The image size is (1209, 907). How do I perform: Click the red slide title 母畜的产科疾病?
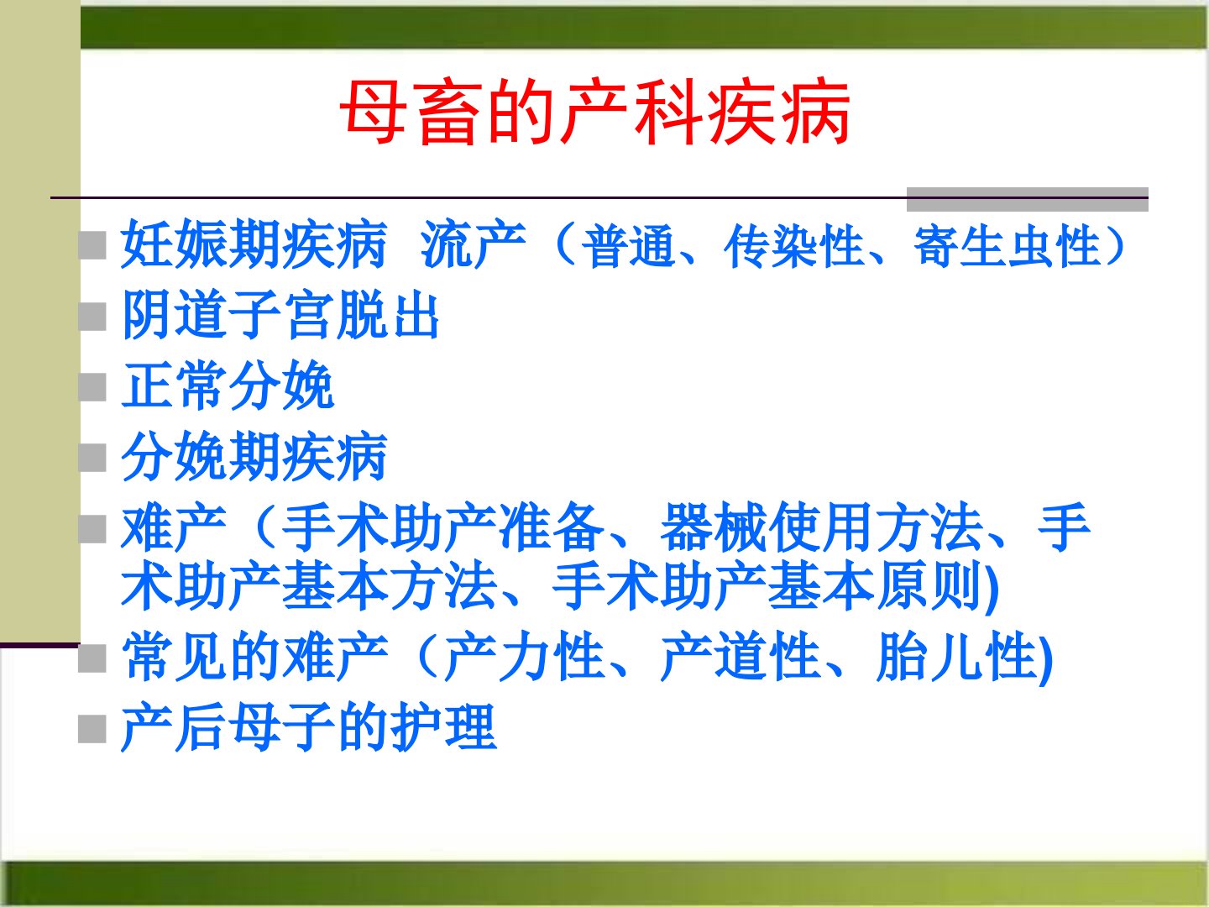pos(594,113)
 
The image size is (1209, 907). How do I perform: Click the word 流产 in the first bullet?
pos(473,244)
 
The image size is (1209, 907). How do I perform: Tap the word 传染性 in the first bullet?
pos(793,245)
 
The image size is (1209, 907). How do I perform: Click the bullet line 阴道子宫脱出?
pos(280,316)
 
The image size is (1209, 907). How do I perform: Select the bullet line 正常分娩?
pos(228,385)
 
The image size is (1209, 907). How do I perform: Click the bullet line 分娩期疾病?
pos(254,457)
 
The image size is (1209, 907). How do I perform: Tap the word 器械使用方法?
pos(822,527)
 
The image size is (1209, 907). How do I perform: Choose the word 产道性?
pos(739,657)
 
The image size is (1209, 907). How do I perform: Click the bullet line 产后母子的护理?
pos(308,727)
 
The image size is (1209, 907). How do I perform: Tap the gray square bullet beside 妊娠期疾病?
pos(92,245)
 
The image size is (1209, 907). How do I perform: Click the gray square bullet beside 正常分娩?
pos(92,387)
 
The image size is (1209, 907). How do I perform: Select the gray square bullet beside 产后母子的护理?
pos(92,729)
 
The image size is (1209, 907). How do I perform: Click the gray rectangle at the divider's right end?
pos(1028,199)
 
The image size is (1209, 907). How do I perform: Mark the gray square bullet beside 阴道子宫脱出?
pos(92,317)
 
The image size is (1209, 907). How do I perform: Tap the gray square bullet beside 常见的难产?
pos(92,658)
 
